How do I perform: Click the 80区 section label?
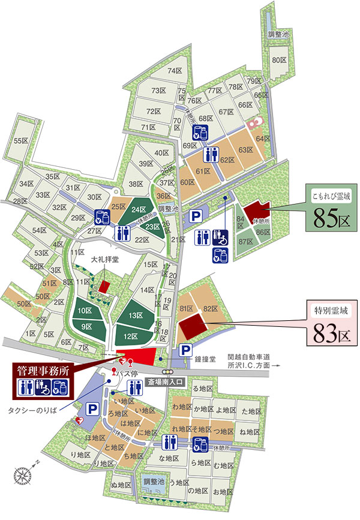coord(279,60)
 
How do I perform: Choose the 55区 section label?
coord(21,141)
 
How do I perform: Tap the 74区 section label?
coord(175,71)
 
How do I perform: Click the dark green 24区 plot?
coord(139,209)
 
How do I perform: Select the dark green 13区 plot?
coord(134,315)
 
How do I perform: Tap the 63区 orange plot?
coord(244,150)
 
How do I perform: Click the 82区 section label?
coord(209,308)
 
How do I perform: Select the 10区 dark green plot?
coord(84,311)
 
